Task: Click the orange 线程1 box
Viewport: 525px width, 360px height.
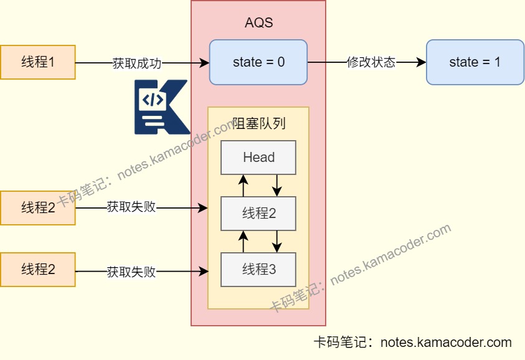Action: click(37, 62)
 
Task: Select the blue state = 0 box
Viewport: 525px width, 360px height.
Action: click(258, 62)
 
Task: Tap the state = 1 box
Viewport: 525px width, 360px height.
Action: click(475, 62)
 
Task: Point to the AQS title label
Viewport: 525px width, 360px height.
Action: click(258, 23)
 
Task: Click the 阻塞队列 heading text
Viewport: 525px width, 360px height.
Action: click(258, 123)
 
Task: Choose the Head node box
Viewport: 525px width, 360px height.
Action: click(258, 158)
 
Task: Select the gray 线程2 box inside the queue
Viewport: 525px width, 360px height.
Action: click(258, 214)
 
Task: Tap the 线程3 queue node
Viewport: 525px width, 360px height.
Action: click(258, 270)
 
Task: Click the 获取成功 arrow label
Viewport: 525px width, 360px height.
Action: click(137, 63)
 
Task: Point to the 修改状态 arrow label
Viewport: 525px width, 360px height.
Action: click(371, 63)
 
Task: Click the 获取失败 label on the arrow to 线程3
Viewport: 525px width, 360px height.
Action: click(131, 272)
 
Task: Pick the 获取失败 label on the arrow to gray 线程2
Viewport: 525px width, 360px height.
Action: click(131, 207)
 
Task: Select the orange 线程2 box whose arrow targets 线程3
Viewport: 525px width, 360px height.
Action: click(37, 270)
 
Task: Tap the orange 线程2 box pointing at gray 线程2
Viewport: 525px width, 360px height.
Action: click(37, 208)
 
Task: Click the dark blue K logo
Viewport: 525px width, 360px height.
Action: click(161, 107)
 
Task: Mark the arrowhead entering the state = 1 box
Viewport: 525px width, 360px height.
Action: click(422, 63)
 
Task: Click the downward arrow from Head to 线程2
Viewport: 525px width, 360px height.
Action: click(277, 185)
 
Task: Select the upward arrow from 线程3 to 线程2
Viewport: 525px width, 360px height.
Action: click(244, 241)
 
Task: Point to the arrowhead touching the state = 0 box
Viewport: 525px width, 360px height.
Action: click(205, 63)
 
